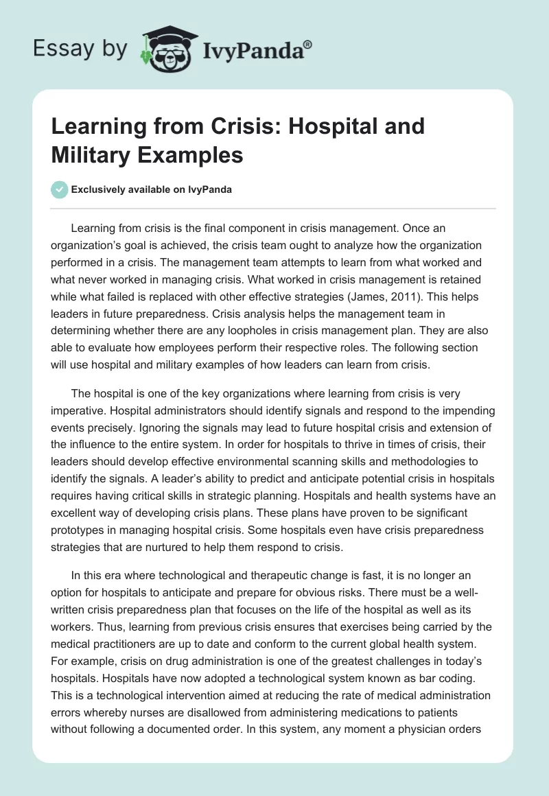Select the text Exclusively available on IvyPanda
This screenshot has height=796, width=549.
151,189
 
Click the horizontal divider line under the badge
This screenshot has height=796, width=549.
274,208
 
